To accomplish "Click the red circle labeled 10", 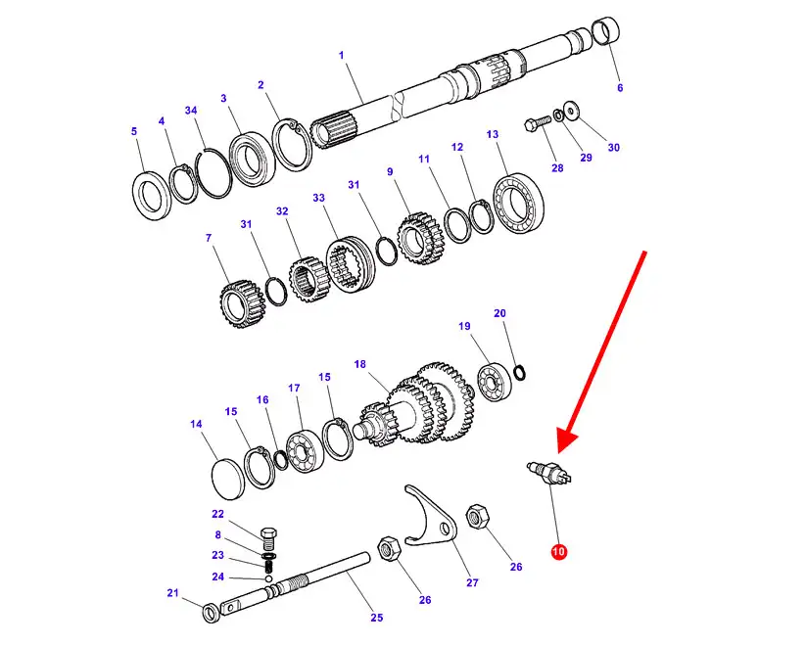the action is (x=558, y=551).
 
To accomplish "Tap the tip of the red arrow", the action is (x=559, y=453).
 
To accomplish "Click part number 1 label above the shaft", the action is (x=342, y=55).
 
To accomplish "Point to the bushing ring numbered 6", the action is (x=606, y=31).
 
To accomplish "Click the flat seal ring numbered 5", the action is (x=151, y=196).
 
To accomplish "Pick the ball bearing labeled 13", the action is (x=519, y=204).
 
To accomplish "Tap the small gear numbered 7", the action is (x=242, y=304).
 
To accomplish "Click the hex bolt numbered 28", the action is (x=537, y=123).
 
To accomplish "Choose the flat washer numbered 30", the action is (x=571, y=110).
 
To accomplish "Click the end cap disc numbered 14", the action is (x=228, y=478).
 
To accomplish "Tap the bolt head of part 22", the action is (x=269, y=531).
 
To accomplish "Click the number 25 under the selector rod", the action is (x=377, y=618).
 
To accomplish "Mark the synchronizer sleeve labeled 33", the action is (x=351, y=264).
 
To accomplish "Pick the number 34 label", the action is (x=191, y=110).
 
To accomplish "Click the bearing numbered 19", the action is (x=494, y=383).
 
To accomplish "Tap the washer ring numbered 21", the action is (x=211, y=613).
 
